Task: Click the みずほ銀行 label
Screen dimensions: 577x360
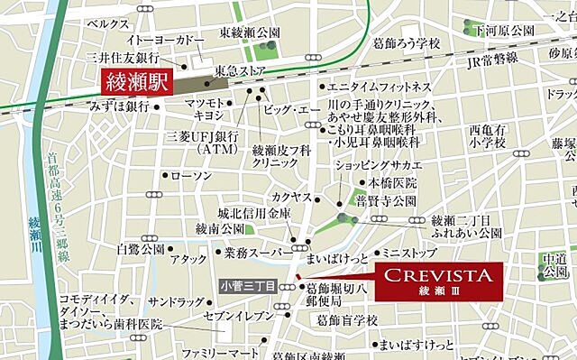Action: point(119,106)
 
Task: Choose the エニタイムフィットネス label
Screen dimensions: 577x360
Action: point(379,88)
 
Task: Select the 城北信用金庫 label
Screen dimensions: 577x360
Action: point(254,214)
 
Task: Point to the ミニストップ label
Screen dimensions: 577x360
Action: point(408,254)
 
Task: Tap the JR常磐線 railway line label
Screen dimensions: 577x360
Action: point(486,58)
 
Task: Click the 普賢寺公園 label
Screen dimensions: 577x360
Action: point(386,200)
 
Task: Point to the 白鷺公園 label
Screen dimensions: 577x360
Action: point(141,247)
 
